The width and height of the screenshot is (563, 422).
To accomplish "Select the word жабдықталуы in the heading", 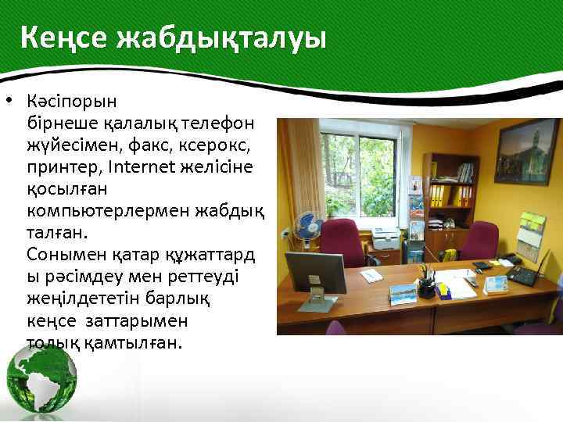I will tap(221, 38).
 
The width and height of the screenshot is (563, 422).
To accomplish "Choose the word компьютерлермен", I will tap(99, 211).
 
